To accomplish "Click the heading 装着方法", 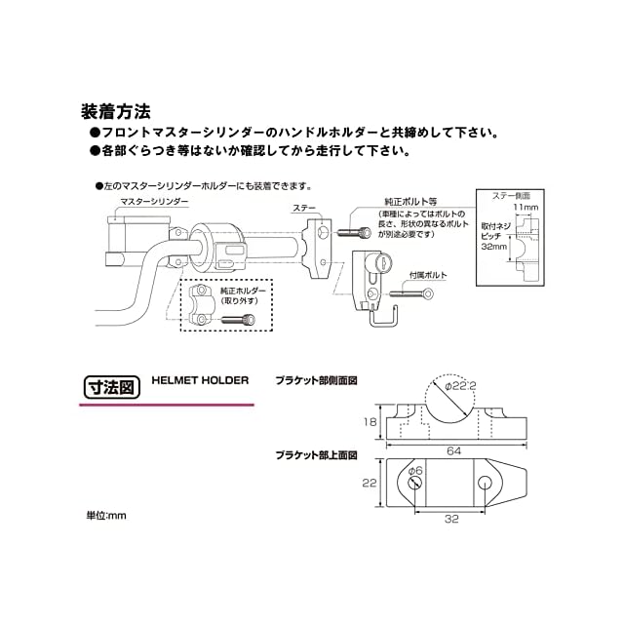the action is tap(116, 112).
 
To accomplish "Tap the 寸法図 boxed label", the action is tap(112, 387).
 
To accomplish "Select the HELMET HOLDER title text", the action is tap(200, 380).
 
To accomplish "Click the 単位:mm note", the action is tap(106, 516).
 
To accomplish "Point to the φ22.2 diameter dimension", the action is tap(460, 386).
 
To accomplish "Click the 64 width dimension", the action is tap(454, 450).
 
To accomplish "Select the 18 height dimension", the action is tap(370, 422).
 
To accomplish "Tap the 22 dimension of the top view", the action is tap(370, 483).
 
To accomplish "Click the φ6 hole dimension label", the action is tap(416, 470).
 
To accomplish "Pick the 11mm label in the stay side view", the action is tap(526, 207).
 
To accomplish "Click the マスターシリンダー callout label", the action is tap(154, 202).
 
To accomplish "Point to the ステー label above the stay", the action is tap(304, 208).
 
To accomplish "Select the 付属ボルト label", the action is tap(428, 275).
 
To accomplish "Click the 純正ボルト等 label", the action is tap(410, 202).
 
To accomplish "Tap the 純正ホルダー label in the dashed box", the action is tap(243, 291).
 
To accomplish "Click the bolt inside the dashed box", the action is tap(238, 319).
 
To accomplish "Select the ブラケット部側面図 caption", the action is tap(316, 381).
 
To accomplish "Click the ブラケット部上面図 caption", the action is tap(316, 455).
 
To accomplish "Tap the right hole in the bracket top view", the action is tap(485, 484).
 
